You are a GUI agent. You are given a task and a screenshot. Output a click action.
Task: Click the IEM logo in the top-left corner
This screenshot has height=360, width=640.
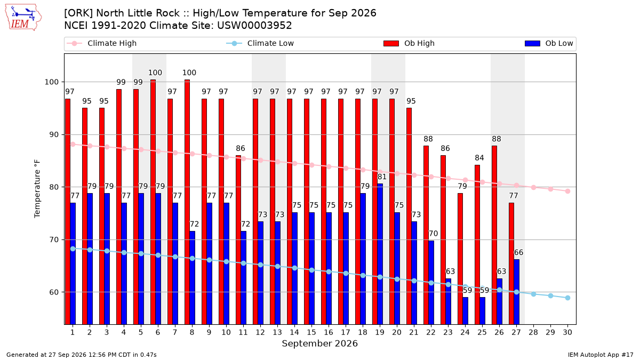click(23, 18)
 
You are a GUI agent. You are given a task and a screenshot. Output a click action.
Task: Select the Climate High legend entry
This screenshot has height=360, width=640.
click(101, 43)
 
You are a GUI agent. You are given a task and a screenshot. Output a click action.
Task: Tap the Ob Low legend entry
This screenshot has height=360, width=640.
click(549, 43)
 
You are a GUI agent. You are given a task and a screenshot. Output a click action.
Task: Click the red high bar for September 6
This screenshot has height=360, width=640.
click(153, 202)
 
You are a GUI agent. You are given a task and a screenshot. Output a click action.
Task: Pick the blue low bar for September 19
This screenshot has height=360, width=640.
click(380, 254)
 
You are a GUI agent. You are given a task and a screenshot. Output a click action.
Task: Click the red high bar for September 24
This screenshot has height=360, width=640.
click(460, 259)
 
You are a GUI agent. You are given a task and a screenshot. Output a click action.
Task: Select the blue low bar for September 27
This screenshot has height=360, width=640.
click(517, 292)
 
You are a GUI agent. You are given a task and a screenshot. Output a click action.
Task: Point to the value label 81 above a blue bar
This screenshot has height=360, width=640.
click(382, 177)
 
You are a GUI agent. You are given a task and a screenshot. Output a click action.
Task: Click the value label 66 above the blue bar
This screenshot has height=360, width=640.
click(518, 253)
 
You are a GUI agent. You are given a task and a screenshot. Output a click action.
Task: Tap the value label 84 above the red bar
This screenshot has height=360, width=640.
click(479, 158)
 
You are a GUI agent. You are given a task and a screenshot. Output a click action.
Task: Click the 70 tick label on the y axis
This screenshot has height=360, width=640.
click(54, 239)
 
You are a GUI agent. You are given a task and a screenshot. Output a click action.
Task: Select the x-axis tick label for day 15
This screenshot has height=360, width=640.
click(311, 332)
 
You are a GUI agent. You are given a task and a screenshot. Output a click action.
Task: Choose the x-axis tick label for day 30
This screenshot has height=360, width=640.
click(567, 332)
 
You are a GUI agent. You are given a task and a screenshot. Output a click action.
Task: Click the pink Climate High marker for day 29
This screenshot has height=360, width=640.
click(550, 189)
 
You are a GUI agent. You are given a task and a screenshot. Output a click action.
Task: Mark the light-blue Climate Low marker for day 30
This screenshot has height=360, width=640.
click(567, 298)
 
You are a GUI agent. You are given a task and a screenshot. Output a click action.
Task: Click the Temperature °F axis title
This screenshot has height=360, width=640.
click(37, 189)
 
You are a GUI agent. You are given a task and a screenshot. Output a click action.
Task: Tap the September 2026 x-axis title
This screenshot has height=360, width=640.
click(319, 343)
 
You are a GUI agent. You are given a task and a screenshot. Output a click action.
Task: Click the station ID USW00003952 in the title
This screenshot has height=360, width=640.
click(254, 26)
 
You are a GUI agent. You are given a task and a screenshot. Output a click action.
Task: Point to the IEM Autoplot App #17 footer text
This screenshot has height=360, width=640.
click(601, 355)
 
